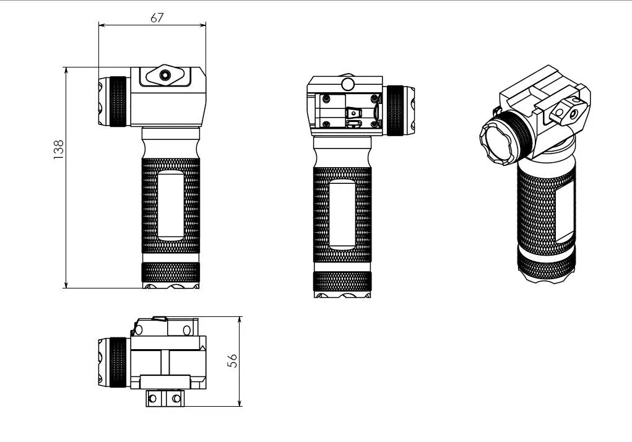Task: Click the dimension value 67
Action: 157,18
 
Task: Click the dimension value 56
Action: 233,361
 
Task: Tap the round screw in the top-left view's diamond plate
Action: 165,75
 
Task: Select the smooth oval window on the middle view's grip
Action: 342,214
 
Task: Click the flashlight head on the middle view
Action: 399,110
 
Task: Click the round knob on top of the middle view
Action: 348,84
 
